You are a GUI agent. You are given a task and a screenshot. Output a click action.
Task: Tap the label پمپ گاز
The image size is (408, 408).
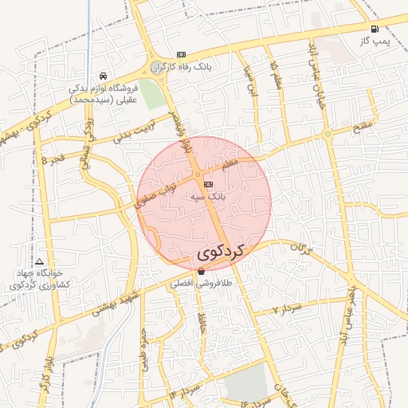coord(375,41)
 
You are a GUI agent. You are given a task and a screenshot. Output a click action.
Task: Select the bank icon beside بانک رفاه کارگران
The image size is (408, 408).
coord(181,54)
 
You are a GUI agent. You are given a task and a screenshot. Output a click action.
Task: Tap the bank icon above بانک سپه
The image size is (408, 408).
coord(209,184)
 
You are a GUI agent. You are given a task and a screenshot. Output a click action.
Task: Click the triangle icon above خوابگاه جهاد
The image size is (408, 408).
coord(40,261)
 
